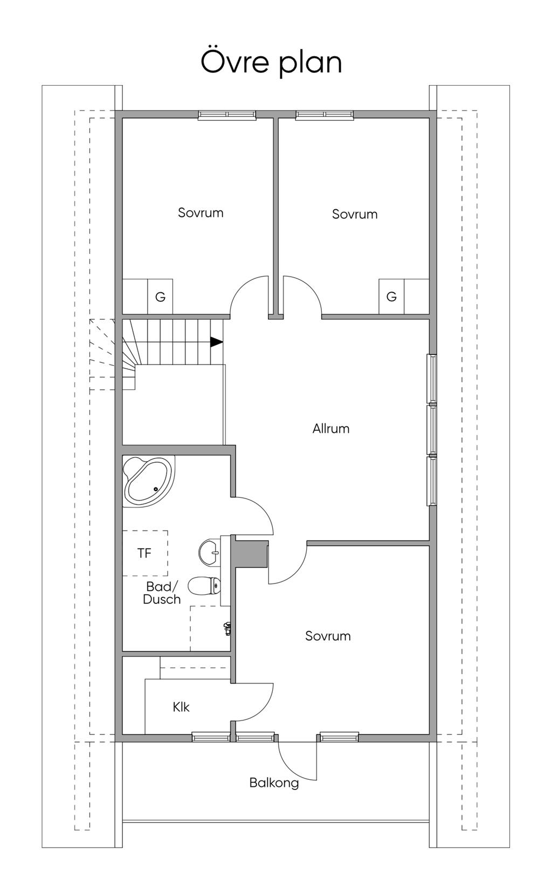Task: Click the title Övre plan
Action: [x=271, y=62]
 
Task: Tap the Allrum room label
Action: [x=331, y=429]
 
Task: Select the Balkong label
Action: [x=274, y=783]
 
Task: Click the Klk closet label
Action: [x=181, y=707]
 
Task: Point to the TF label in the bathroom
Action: [x=144, y=553]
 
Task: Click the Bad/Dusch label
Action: [x=162, y=593]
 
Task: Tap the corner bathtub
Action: [x=148, y=482]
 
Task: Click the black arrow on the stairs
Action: [x=216, y=342]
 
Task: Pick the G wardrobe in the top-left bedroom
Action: [x=160, y=297]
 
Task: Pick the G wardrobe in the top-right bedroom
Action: [x=391, y=297]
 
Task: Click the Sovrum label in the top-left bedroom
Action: [x=201, y=212]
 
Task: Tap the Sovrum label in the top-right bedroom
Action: [x=355, y=214]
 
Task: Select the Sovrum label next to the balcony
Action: [x=328, y=636]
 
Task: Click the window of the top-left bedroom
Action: [x=227, y=114]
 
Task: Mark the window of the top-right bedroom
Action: [x=325, y=114]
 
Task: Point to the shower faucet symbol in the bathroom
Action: [x=227, y=628]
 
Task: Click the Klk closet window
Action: [x=211, y=737]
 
